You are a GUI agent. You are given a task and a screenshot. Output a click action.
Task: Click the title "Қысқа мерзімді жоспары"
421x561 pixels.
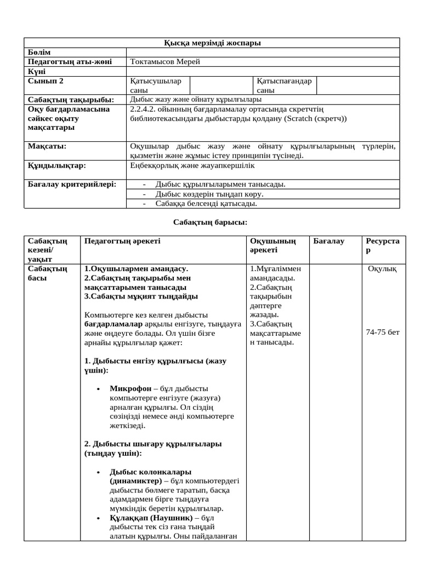pos(213,43)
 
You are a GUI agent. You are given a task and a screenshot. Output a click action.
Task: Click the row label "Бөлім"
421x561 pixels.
pos(39,52)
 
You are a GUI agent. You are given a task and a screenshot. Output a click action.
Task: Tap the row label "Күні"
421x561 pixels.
pos(37,71)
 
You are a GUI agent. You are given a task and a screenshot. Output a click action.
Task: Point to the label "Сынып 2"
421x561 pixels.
pos(45,81)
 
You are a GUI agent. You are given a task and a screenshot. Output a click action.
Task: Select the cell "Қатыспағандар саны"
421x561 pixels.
pos(283,85)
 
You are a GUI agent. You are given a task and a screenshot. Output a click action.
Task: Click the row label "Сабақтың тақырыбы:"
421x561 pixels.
pos(71,100)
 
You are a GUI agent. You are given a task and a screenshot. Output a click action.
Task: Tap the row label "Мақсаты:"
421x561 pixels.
pos(47,146)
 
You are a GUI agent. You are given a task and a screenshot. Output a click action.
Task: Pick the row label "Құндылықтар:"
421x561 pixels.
pos(57,165)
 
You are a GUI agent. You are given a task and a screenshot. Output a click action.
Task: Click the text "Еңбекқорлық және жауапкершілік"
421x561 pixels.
pos(192,165)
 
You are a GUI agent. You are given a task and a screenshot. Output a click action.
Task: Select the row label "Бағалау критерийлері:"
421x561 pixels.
pos(72,184)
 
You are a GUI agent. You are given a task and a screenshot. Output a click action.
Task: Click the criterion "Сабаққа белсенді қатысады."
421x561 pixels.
pos(206,203)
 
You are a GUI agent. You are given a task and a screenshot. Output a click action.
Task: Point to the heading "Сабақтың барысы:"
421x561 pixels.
pos(210,222)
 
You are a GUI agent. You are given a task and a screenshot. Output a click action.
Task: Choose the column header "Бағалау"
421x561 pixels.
pos(329,241)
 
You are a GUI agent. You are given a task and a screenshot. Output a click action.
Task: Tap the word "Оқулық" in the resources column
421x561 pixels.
pos(383,268)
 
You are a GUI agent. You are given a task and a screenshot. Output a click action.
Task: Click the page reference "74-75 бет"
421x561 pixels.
pos(383,333)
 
